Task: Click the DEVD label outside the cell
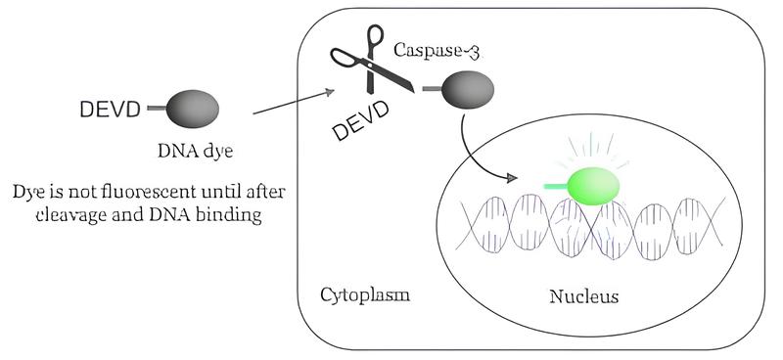[x=110, y=110]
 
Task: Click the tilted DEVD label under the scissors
[x=361, y=119]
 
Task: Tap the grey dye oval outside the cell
[x=192, y=109]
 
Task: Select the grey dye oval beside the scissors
[x=468, y=89]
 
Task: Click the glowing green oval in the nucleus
[x=593, y=186]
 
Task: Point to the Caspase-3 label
[x=437, y=51]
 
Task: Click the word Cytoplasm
[x=365, y=295]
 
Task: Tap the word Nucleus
[x=583, y=296]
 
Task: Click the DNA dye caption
[x=195, y=152]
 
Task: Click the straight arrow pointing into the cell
[x=294, y=103]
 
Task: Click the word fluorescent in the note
[x=142, y=193]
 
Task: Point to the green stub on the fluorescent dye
[x=556, y=187]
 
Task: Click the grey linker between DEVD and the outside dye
[x=157, y=108]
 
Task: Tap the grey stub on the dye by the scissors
[x=432, y=89]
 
